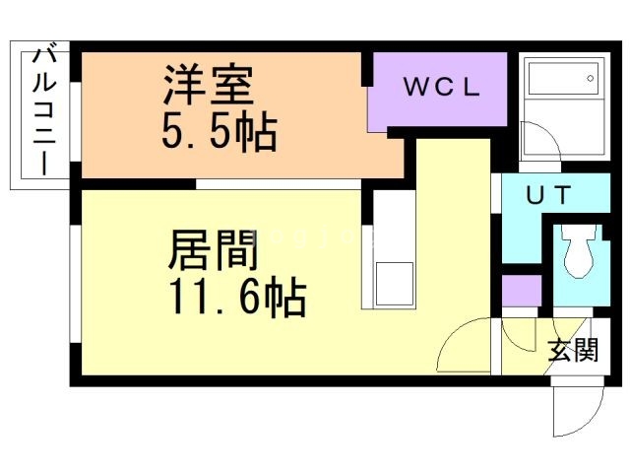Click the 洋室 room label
[209, 84]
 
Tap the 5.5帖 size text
[219, 132]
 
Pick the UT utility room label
[545, 195]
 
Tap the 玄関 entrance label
[572, 349]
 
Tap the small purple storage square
[521, 293]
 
